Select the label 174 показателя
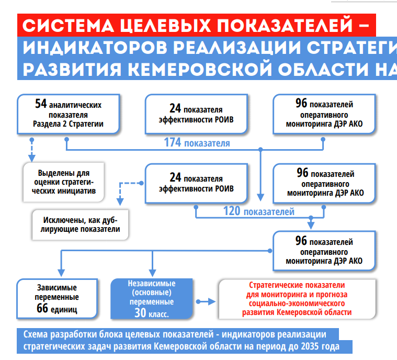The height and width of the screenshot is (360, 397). click(197, 142)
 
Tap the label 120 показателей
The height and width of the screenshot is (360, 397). click(259, 211)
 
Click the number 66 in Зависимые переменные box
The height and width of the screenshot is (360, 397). click(43, 308)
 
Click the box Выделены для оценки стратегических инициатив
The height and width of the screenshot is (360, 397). click(64, 182)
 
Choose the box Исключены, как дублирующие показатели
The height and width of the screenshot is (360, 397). click(81, 224)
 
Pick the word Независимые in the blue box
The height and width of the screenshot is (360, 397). click(152, 283)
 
